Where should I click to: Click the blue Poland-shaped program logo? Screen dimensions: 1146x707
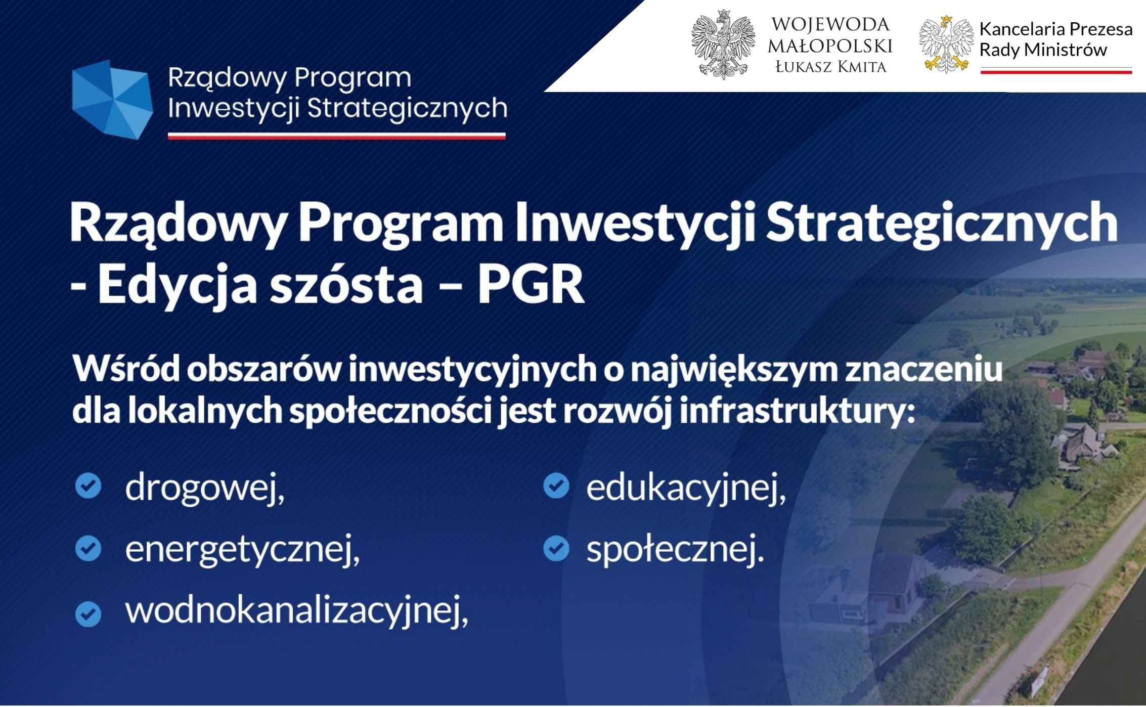pos(112,99)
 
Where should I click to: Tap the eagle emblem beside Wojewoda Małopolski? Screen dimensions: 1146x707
pos(723,45)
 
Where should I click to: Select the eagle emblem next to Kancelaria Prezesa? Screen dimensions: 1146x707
pos(946,45)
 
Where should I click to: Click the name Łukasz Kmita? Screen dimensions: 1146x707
pos(831,67)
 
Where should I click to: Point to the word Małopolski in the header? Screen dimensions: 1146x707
pos(830,46)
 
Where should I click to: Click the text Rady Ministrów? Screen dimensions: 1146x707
pos(1043,50)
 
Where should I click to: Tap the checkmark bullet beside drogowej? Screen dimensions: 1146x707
pos(88,486)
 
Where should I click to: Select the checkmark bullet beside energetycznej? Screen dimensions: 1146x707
pos(88,549)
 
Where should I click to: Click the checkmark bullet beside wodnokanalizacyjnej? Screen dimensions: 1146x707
pos(88,613)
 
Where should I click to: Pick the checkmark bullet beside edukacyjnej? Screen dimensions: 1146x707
pos(556,486)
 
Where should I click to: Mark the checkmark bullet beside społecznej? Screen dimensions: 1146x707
pos(556,549)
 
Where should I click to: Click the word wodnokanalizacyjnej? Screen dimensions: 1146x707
pos(297,611)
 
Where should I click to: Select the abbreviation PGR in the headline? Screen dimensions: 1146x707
pos(531,284)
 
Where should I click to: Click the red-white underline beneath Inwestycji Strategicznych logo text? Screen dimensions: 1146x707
pos(337,136)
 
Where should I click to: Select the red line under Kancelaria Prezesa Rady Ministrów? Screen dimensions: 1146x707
pos(1056,71)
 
